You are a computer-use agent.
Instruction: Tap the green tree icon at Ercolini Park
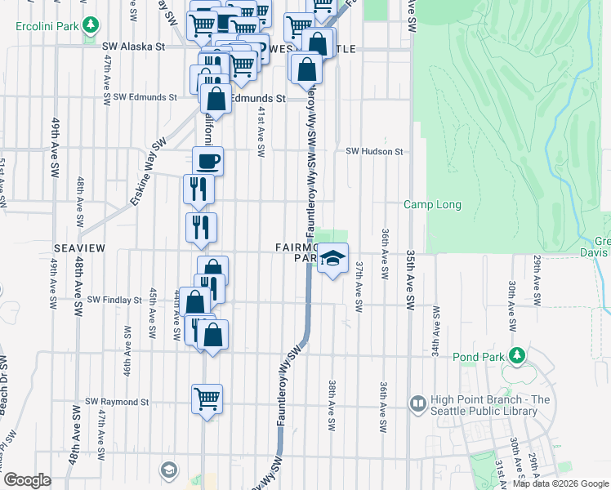click(x=91, y=26)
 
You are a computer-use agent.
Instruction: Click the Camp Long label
click(x=432, y=205)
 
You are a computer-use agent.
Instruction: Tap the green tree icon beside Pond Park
click(x=516, y=355)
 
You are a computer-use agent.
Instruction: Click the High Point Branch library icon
click(x=418, y=403)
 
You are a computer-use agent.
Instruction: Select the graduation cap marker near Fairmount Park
click(x=332, y=260)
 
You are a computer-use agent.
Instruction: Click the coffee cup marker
click(x=207, y=161)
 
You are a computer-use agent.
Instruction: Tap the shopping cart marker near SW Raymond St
click(x=207, y=399)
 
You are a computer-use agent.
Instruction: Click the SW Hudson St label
click(x=374, y=151)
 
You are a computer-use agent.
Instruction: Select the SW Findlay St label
click(x=114, y=300)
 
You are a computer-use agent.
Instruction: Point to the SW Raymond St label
click(x=118, y=402)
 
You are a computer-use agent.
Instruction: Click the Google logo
click(x=28, y=479)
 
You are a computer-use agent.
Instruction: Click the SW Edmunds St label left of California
click(x=145, y=96)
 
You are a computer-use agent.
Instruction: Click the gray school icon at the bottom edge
click(x=168, y=470)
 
